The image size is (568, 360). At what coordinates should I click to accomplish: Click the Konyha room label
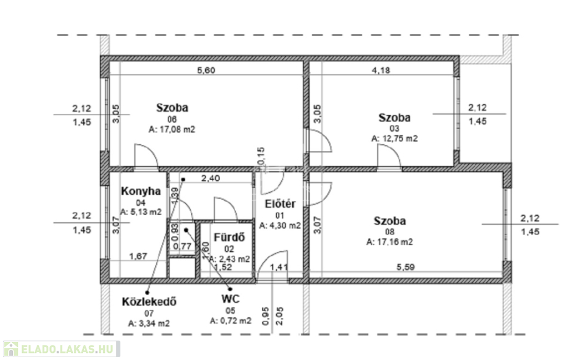point(141,191)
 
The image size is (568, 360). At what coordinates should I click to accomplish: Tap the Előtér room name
point(280,204)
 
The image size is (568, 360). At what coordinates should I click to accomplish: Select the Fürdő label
point(229,237)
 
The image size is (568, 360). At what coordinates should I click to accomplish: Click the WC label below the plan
point(230,299)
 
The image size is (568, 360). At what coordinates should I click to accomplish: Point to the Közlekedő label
point(149,302)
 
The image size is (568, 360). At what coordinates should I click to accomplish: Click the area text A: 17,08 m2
point(172,130)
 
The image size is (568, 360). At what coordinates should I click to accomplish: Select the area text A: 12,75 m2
point(394,139)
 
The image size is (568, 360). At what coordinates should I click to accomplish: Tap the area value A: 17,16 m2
point(389,242)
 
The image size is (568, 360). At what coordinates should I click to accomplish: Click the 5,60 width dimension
point(206,70)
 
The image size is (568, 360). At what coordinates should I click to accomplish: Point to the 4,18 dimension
point(381,70)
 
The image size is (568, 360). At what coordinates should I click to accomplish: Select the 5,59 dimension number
point(405,267)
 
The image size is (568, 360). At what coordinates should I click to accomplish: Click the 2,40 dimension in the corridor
point(210,178)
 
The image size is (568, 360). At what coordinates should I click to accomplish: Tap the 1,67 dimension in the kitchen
point(138,256)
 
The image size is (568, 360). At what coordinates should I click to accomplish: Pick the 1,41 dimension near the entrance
point(280,267)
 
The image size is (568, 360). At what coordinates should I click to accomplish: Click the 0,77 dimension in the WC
point(182,247)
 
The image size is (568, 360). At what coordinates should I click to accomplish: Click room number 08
point(390,232)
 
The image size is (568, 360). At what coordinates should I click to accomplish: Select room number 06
point(172,119)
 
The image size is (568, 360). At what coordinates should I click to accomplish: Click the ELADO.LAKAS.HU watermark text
point(67,349)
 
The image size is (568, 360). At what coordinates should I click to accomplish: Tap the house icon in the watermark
point(11,349)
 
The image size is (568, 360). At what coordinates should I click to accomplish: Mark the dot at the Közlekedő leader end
point(148,293)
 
